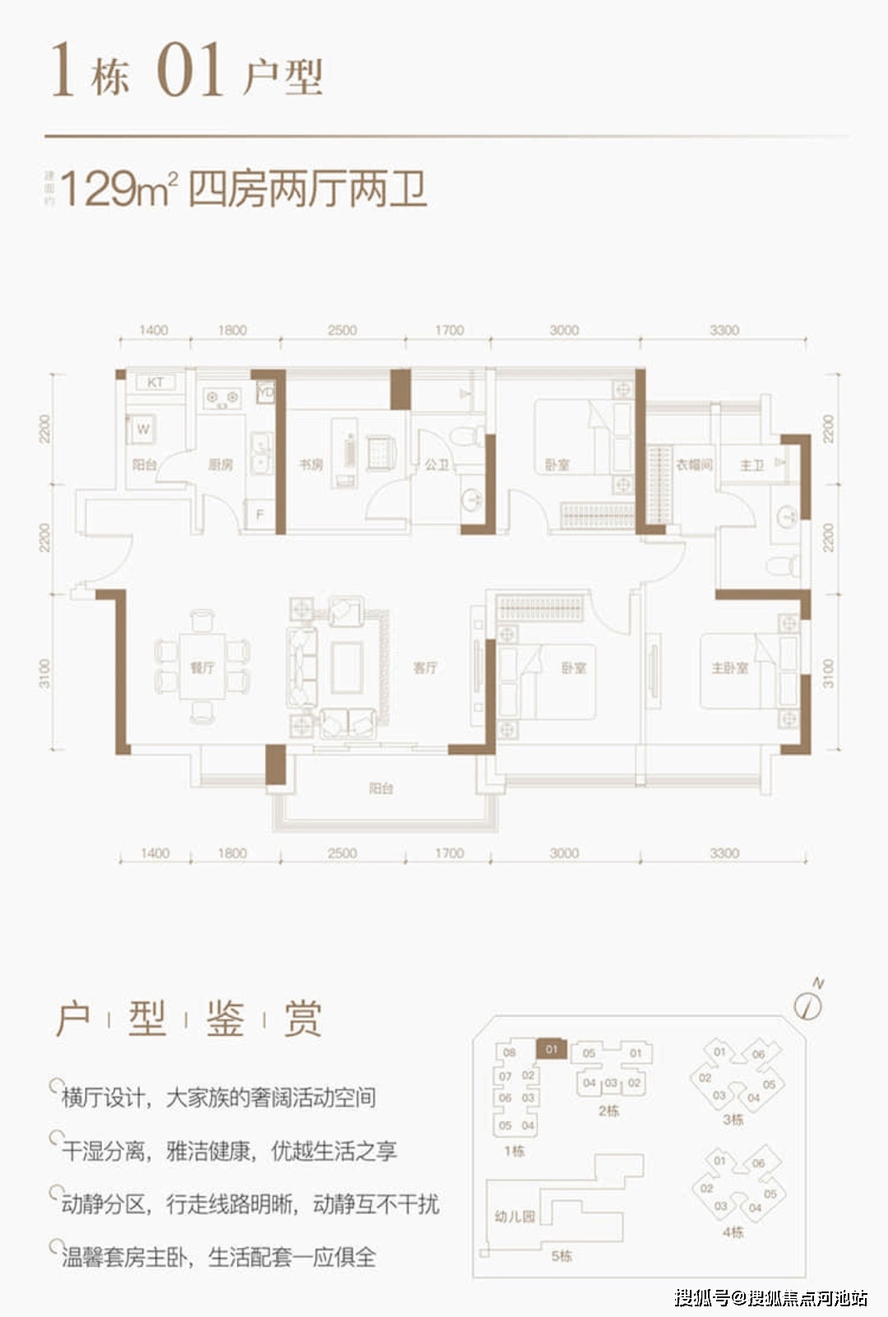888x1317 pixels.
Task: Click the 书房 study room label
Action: tap(311, 465)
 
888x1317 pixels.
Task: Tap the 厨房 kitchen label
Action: tap(220, 465)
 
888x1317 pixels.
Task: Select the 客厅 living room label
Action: tap(425, 668)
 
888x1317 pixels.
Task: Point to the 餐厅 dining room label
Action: tap(202, 668)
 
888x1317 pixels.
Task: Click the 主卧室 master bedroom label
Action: tap(730, 668)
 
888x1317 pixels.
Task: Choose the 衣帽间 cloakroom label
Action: tap(694, 465)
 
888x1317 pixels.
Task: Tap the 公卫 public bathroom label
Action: tap(437, 465)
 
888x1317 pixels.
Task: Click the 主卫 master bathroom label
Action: tap(752, 466)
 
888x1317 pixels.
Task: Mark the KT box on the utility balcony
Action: tap(155, 383)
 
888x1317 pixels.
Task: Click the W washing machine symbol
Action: tap(143, 429)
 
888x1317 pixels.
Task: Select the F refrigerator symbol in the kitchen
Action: tap(260, 515)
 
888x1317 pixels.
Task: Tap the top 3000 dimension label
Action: tap(564, 331)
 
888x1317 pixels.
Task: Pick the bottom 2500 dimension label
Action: tap(342, 854)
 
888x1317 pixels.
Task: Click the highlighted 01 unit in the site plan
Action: tap(551, 1049)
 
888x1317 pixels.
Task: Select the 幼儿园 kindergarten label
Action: tap(515, 1216)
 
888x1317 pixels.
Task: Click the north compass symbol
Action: tap(809, 1004)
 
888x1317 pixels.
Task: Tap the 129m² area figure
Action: tap(119, 190)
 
